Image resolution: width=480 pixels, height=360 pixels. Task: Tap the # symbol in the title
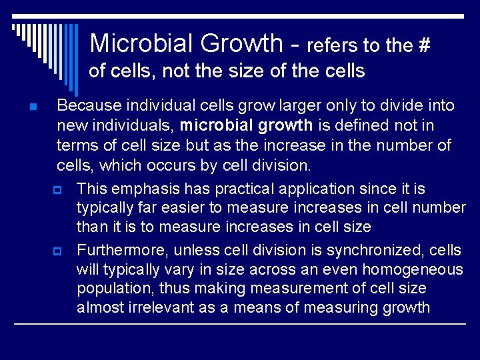point(423,46)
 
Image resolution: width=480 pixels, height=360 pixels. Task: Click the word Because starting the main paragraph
point(86,105)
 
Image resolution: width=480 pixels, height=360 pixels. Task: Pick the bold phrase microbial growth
point(246,125)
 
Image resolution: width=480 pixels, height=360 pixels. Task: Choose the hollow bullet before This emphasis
point(57,190)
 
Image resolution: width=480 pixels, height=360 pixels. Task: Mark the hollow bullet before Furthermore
point(57,251)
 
